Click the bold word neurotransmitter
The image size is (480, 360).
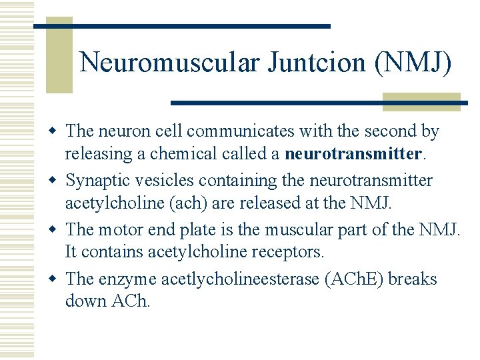[353, 154]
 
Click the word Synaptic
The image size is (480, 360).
[95, 181]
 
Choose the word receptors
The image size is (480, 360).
[291, 252]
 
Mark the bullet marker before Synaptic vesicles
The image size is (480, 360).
[55, 181]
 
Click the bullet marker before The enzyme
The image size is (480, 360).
[55, 279]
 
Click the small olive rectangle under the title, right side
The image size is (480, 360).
[421, 101]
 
